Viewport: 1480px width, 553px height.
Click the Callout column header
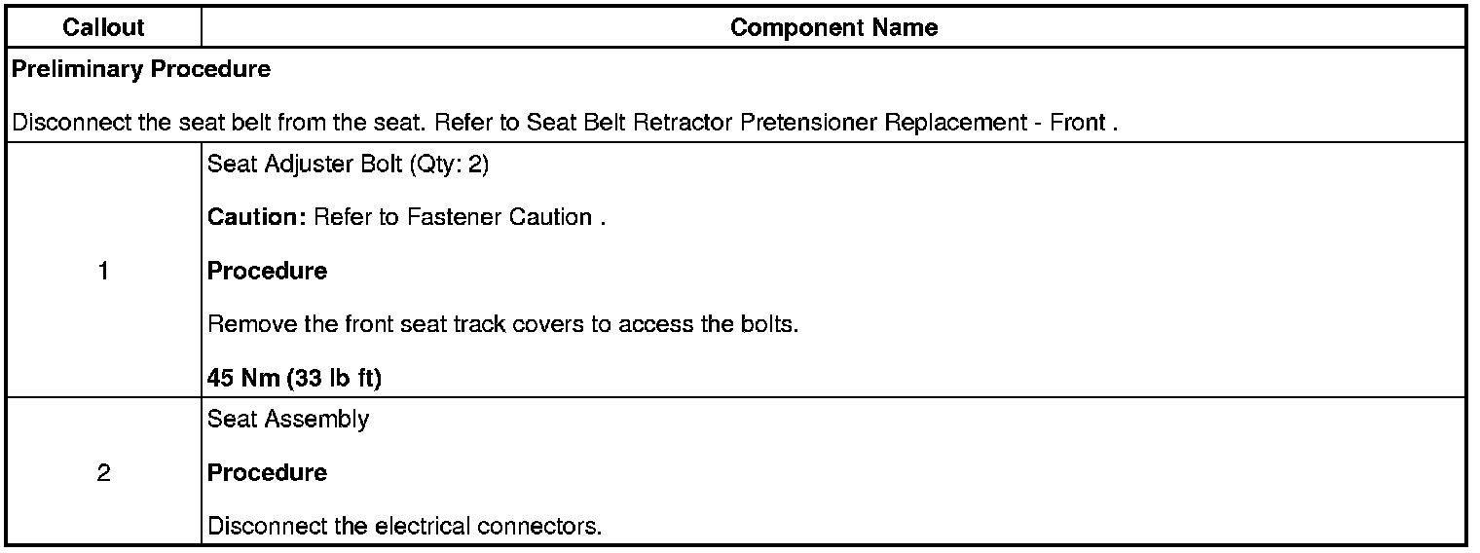104,28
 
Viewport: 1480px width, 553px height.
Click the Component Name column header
833,28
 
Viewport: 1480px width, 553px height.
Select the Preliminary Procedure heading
141,70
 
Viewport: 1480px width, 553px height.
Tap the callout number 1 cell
104,272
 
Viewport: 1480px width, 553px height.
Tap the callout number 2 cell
104,473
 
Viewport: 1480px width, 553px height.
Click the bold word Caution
256,217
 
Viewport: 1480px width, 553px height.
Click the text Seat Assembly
288,420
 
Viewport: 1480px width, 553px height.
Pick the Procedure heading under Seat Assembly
268,473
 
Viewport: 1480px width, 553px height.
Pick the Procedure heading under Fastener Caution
268,272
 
